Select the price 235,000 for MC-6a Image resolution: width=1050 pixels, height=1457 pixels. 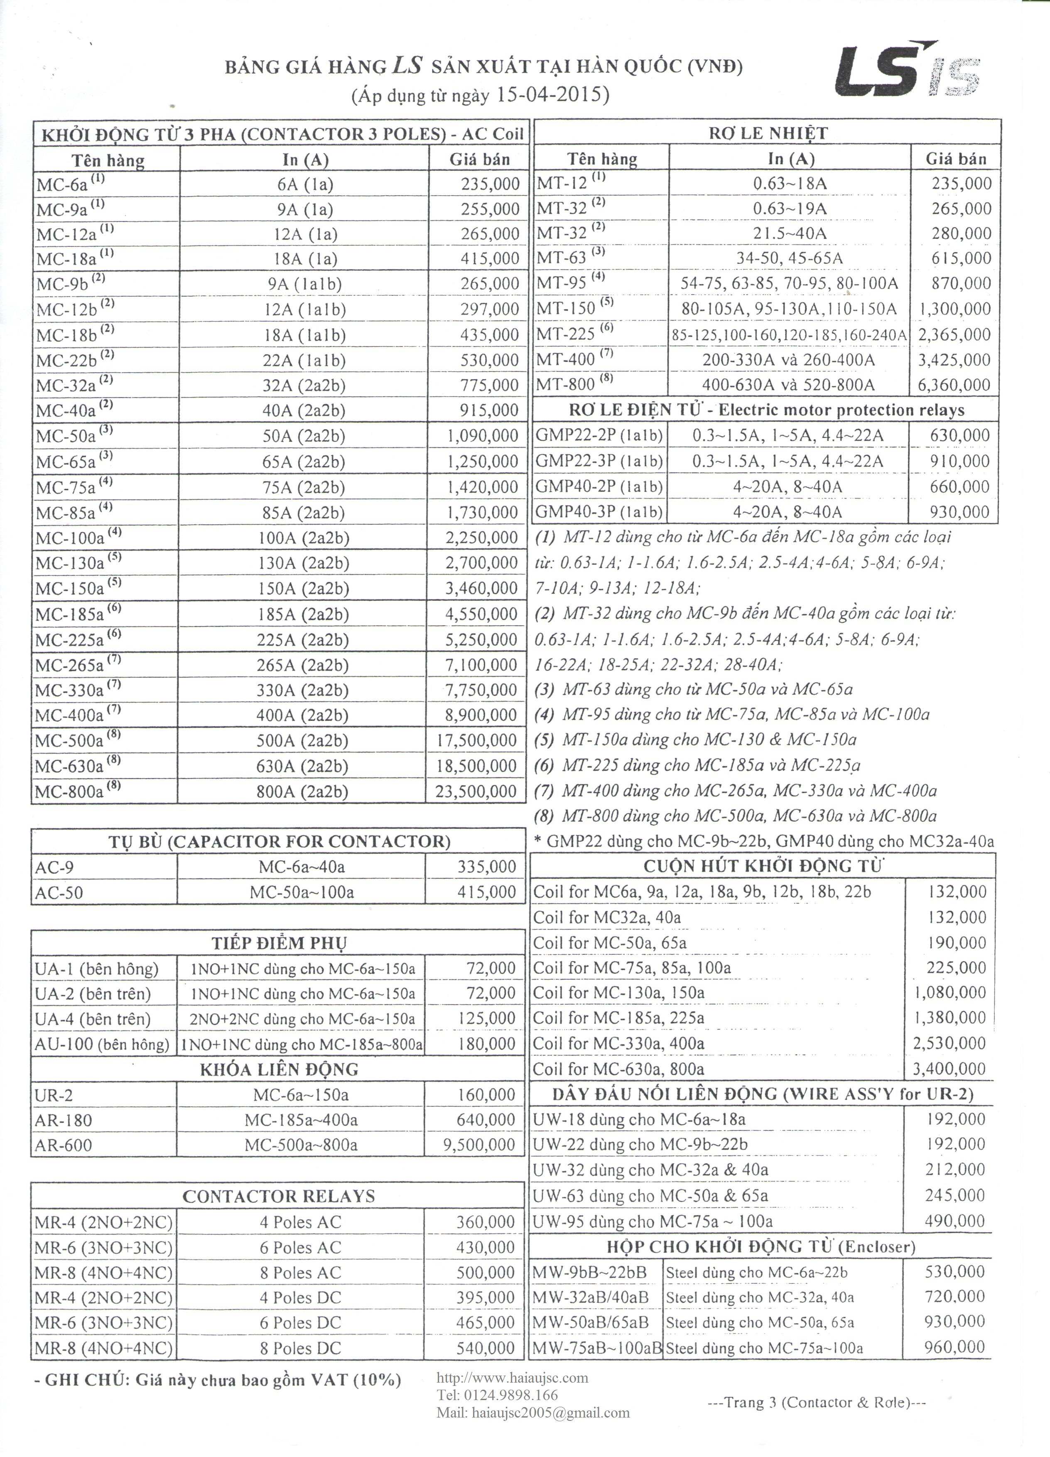(x=490, y=185)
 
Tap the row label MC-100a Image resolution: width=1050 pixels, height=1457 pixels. (x=70, y=538)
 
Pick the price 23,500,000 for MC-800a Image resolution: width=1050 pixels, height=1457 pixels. (x=476, y=791)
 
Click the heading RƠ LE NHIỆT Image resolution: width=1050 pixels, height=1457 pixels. (x=768, y=134)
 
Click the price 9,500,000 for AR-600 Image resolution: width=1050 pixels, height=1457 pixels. (x=479, y=1145)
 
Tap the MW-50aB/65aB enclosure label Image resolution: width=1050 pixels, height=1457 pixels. (x=590, y=1323)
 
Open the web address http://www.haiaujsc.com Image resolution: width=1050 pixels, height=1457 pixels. (x=512, y=1377)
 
